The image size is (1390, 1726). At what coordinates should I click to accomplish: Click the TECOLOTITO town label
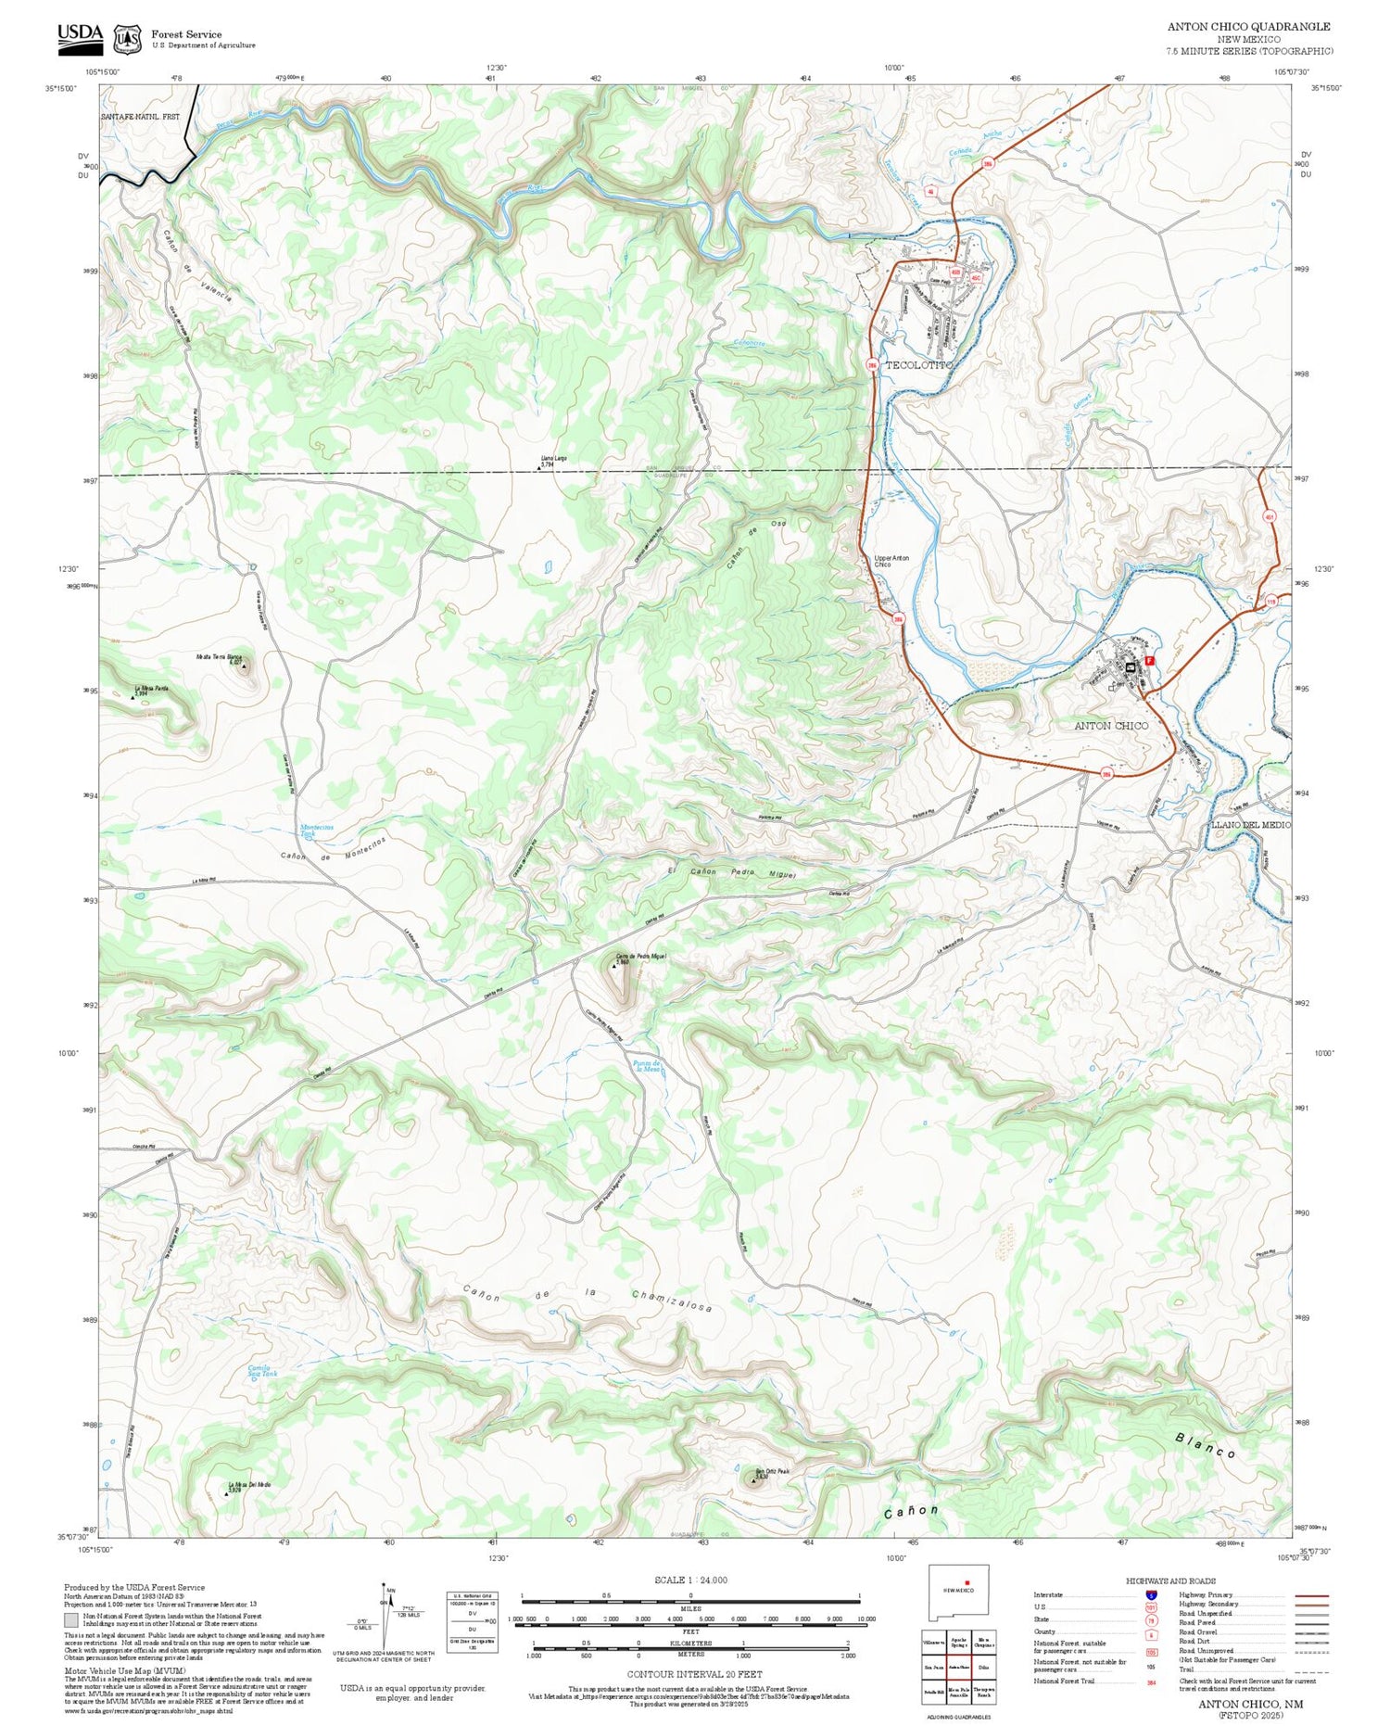(x=917, y=365)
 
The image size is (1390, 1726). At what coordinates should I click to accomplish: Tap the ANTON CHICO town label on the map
(x=1110, y=726)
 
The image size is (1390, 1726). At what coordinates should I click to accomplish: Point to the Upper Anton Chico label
(x=891, y=561)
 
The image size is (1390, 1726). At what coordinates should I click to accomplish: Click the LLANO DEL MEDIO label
(x=1250, y=824)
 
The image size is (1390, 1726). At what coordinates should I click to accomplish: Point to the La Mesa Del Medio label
(x=248, y=1485)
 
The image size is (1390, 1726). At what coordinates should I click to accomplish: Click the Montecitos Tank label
(x=317, y=831)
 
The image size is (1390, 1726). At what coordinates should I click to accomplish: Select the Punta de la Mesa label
(x=646, y=1066)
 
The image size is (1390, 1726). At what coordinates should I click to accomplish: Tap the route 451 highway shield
(x=1270, y=515)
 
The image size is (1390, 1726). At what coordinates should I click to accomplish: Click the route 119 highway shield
(x=1271, y=603)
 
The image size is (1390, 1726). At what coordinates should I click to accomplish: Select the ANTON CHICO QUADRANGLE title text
(x=1248, y=27)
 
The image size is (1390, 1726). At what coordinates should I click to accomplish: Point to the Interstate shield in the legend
(x=1151, y=1593)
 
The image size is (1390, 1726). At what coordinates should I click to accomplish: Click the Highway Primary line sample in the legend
(x=1308, y=1595)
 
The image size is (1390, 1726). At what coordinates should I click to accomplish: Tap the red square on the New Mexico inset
(x=967, y=1582)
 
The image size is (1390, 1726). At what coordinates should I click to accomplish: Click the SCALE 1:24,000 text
(x=690, y=1580)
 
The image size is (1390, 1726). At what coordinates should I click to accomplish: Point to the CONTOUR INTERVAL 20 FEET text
(x=694, y=1674)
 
